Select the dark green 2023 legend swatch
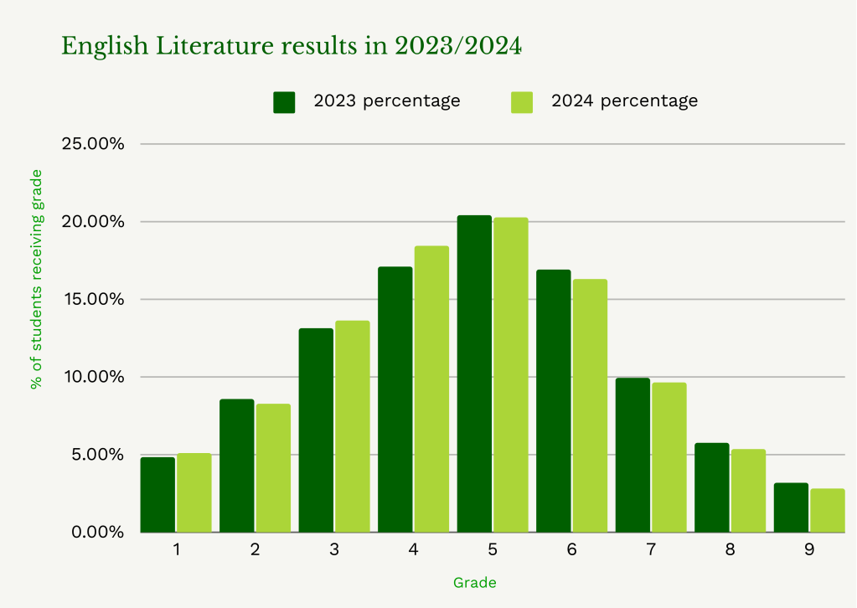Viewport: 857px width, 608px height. click(x=285, y=101)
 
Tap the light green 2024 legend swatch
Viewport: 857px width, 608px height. click(x=522, y=101)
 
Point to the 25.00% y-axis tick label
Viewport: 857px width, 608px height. click(x=94, y=144)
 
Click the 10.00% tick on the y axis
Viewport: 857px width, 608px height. click(x=94, y=377)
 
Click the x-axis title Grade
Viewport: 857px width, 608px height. click(x=474, y=582)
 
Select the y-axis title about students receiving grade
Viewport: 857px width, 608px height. click(x=36, y=279)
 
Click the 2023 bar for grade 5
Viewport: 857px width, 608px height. click(x=474, y=374)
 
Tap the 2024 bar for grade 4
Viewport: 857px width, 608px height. click(x=431, y=389)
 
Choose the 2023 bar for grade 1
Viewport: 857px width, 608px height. click(x=157, y=494)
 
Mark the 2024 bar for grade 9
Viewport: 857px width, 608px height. click(x=827, y=510)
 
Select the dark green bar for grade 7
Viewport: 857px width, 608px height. click(x=632, y=455)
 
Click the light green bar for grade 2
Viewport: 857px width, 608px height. click(x=273, y=467)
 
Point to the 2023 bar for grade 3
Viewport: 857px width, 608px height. click(x=316, y=430)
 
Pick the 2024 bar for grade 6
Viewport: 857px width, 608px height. click(x=590, y=405)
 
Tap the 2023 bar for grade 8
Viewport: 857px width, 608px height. click(x=711, y=487)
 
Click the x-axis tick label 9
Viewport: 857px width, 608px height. click(x=809, y=550)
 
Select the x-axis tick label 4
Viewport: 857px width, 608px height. click(x=413, y=550)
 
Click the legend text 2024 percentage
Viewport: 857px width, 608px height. click(x=624, y=100)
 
